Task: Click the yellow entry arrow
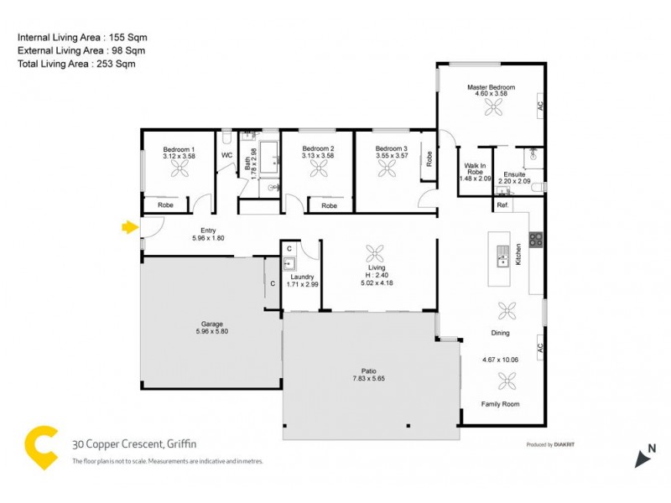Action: (129, 226)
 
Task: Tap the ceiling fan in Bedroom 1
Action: (179, 169)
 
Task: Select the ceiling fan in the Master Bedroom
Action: (495, 106)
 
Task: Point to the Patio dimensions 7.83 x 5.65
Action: (370, 378)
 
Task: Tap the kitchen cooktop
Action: (535, 238)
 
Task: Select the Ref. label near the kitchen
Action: (502, 205)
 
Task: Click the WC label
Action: (226, 156)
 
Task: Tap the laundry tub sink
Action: (288, 263)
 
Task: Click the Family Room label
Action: (500, 404)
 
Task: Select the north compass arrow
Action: (645, 458)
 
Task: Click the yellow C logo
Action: (42, 447)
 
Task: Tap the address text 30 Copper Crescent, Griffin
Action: (133, 444)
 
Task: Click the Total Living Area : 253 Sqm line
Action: (76, 63)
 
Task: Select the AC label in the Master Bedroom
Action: (540, 106)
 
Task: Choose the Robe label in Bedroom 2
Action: (330, 205)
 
